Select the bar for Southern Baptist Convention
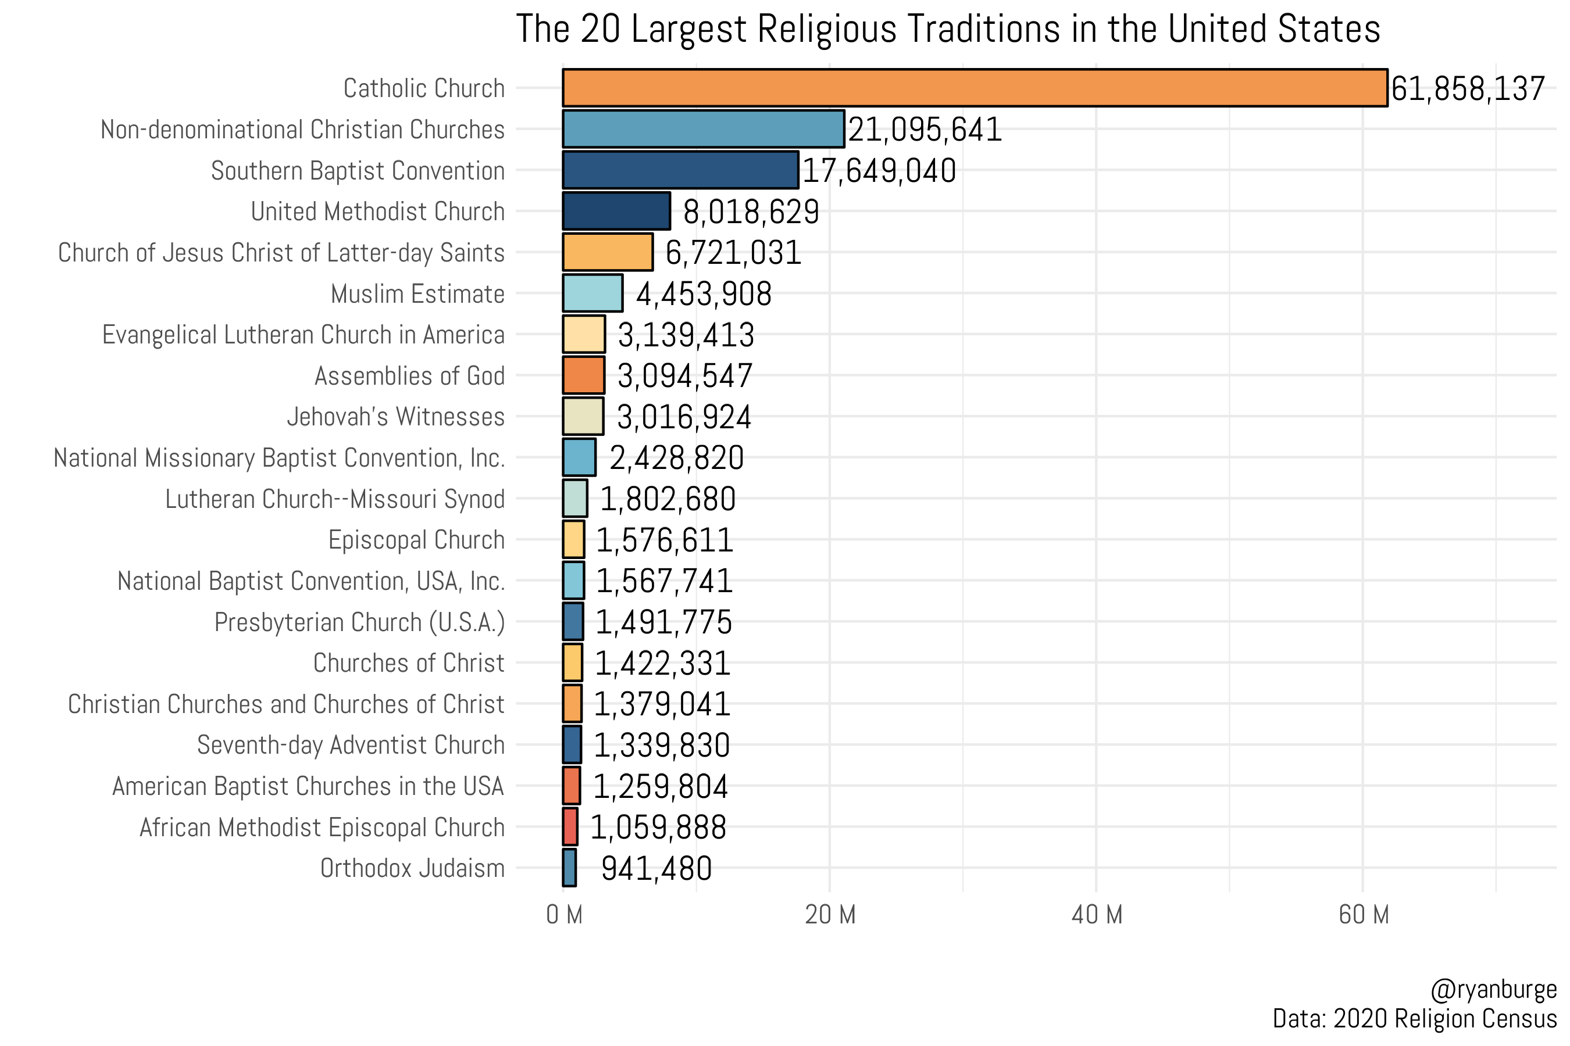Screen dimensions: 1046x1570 [680, 170]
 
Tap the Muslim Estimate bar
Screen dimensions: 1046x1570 [592, 293]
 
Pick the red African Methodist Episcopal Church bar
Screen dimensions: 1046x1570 [570, 827]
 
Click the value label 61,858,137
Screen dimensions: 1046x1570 [1467, 89]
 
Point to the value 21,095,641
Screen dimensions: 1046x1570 [925, 130]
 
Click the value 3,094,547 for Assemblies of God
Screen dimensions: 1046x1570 [685, 376]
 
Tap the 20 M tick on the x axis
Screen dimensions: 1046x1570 [830, 915]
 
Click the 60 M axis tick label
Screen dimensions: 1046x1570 [1363, 915]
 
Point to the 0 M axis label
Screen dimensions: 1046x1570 [564, 915]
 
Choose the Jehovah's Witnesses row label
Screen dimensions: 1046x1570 [395, 417]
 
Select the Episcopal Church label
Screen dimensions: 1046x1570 [416, 540]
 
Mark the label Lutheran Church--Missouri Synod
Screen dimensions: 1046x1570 [334, 499]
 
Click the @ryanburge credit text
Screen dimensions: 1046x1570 [1493, 988]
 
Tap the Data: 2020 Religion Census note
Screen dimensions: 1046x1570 [1414, 1019]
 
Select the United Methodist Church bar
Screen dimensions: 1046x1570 [616, 212]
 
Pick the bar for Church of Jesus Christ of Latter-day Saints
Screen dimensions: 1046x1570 [608, 252]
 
